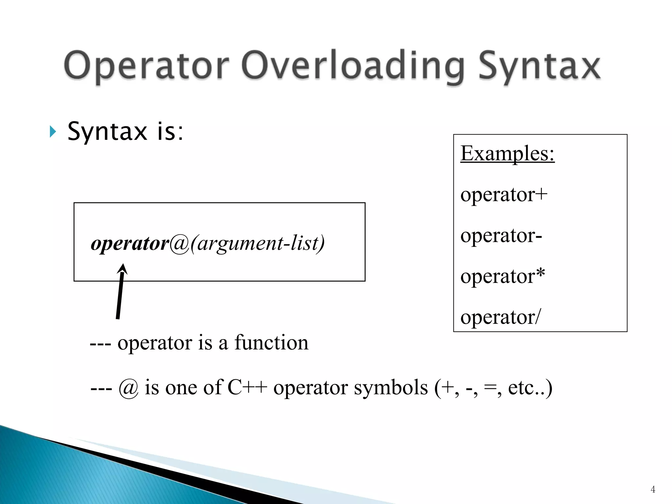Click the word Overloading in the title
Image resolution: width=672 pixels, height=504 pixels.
pos(353,66)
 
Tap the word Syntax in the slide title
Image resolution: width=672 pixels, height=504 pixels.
pos(539,67)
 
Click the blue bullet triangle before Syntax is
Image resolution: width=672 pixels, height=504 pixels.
pos(52,132)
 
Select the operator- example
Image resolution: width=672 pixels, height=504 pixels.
pos(501,236)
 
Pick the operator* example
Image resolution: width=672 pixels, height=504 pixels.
pos(502,276)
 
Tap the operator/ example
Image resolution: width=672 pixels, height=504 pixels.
pos(500,317)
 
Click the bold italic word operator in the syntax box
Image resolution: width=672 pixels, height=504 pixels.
pos(130,243)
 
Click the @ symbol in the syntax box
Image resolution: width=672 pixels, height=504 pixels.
pos(179,243)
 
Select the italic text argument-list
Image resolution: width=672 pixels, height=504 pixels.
pos(258,243)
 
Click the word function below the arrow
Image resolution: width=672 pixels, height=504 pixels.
pos(271,343)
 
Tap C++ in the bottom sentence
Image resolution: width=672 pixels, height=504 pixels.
pos(247,388)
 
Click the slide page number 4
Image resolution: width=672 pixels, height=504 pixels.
pos(653,490)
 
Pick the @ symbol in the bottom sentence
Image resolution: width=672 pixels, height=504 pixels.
pos(128,388)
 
